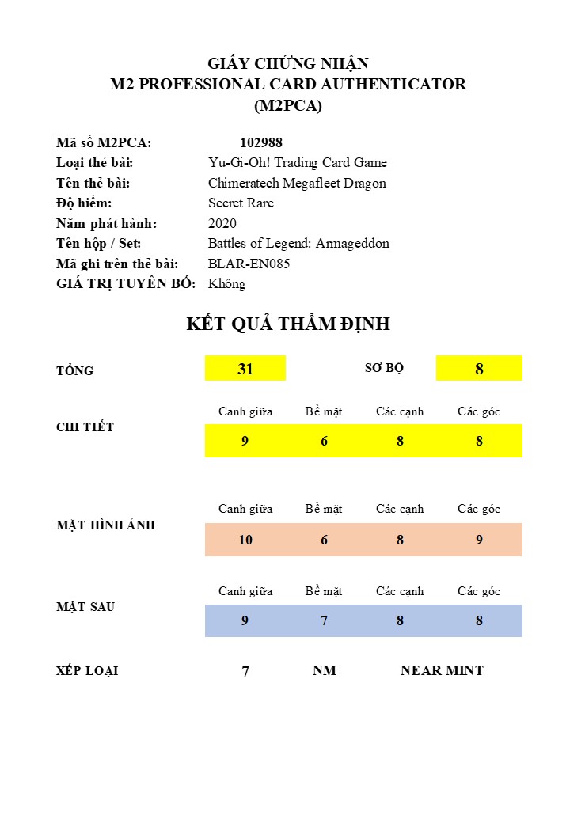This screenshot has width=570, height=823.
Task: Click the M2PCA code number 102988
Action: tap(261, 142)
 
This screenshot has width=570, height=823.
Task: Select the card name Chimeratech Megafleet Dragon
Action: tap(297, 183)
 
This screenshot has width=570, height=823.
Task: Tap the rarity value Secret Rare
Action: tap(241, 203)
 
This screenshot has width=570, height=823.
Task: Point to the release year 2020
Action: tap(222, 223)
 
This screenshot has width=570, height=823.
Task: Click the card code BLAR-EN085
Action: tap(249, 264)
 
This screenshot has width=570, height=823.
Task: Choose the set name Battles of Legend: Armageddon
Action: tap(298, 243)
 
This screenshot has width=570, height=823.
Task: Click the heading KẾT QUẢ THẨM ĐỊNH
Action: tap(288, 324)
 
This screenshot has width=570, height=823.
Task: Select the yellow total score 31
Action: tap(245, 369)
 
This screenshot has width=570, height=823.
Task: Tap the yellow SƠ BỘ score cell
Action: tap(479, 369)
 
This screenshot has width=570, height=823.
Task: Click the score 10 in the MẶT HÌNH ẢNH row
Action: tap(245, 540)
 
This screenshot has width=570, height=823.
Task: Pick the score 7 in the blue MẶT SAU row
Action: tap(324, 621)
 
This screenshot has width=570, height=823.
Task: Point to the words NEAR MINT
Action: tap(442, 670)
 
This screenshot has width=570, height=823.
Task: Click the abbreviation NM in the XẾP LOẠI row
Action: tap(324, 670)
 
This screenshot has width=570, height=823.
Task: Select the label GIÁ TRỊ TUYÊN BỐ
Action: tap(126, 283)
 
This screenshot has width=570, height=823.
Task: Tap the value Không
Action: tap(227, 283)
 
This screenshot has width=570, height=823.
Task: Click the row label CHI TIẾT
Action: tap(85, 427)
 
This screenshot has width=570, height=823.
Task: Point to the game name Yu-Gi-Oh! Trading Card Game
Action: tap(298, 162)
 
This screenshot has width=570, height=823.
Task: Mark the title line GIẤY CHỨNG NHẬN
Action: tap(288, 64)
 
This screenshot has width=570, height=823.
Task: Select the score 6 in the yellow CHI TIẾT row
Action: tap(324, 442)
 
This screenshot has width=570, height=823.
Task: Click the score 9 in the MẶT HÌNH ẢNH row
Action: tap(479, 540)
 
